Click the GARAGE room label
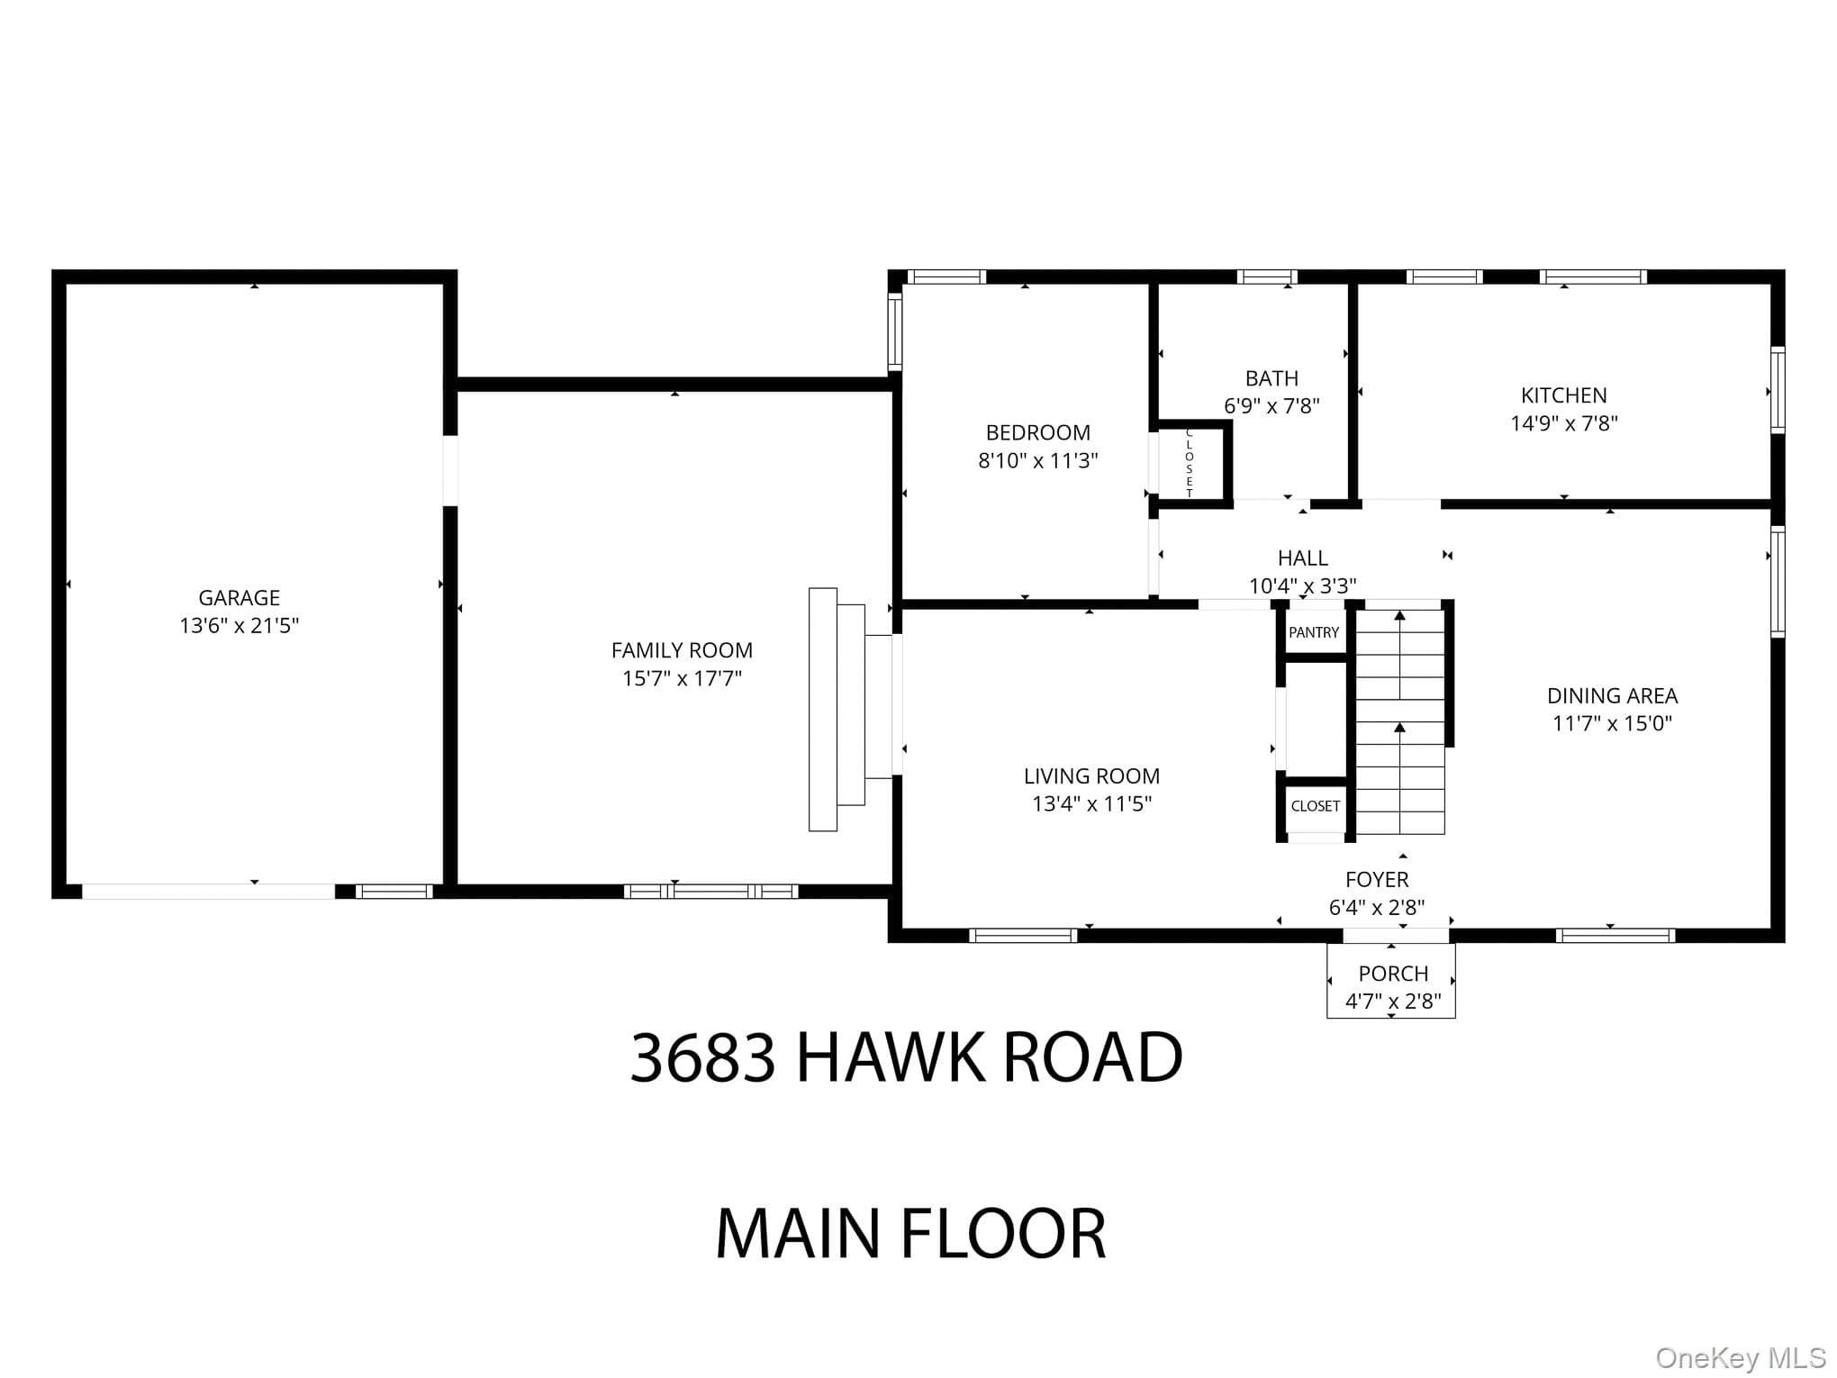(x=239, y=597)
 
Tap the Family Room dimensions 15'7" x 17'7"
(x=682, y=677)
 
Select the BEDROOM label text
(x=1037, y=432)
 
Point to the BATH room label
(x=1271, y=378)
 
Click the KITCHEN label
(x=1563, y=394)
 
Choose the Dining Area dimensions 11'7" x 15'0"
(x=1612, y=722)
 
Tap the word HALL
(x=1302, y=558)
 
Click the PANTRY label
(x=1314, y=632)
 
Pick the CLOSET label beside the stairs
(x=1315, y=806)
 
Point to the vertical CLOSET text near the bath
(x=1189, y=463)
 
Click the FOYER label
(x=1377, y=879)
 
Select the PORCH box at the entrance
(x=1390, y=980)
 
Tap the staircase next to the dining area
(x=1400, y=721)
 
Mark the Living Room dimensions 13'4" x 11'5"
(x=1091, y=803)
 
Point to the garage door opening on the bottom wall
(x=208, y=892)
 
